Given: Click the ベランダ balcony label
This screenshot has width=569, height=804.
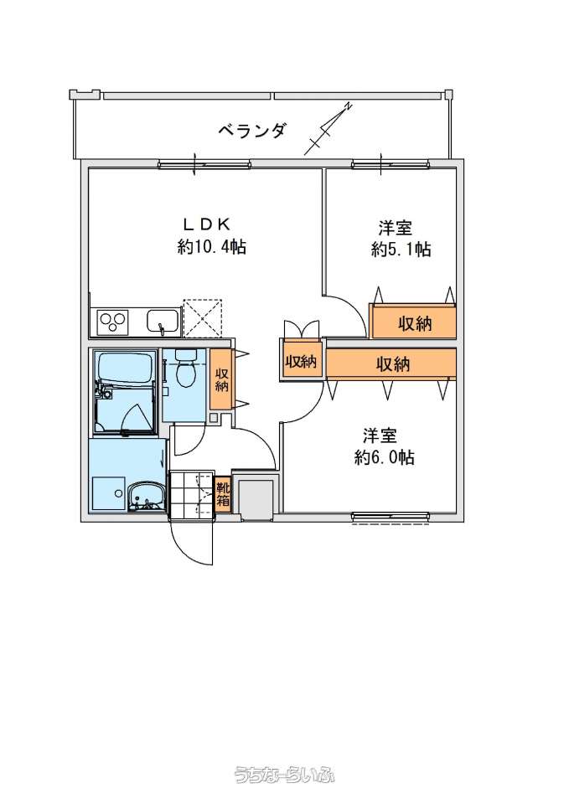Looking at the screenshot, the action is pos(251,131).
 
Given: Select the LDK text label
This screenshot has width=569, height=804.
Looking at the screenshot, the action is pos(206,224).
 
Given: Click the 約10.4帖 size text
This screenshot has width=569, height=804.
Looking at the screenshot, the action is pos(212,247).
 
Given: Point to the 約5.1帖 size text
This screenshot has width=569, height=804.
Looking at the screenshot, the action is pos(401,250).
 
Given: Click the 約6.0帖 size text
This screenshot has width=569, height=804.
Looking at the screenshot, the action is pos(385,457).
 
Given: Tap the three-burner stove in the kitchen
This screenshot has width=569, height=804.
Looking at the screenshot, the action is pos(112,322).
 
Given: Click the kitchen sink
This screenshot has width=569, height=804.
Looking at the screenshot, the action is pos(163,322).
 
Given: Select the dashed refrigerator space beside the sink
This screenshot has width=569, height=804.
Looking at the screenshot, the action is pos(203,318).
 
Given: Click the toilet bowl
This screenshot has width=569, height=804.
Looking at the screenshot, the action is pos(185,368).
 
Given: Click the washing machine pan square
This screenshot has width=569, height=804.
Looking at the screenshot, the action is pos(108,493).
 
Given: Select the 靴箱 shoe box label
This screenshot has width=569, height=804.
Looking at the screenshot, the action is pos(223,493).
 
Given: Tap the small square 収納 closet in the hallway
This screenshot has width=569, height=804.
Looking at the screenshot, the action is pos(301,362).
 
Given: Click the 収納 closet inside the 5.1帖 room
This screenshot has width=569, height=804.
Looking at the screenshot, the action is pos(413,322).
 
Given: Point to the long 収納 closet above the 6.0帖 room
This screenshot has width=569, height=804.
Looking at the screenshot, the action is pos(392,364).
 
